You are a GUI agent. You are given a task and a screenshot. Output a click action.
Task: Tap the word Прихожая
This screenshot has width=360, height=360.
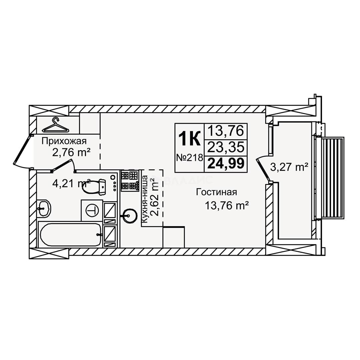(64, 141)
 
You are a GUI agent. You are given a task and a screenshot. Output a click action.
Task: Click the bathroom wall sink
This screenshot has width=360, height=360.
(44, 208)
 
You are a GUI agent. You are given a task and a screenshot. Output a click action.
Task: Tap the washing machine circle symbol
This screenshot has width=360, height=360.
(92, 210)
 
